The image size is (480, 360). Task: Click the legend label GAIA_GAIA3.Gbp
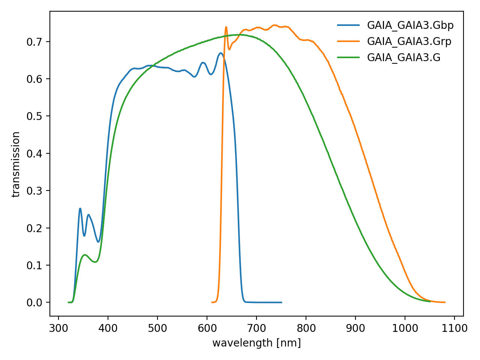click(410, 25)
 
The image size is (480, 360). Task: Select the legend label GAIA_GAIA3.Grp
click(409, 41)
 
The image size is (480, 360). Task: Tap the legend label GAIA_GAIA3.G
click(403, 57)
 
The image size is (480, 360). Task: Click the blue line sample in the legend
click(348, 25)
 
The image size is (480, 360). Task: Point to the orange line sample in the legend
click(348, 41)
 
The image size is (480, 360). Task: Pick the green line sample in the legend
click(348, 57)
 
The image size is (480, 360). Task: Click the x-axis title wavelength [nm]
click(256, 343)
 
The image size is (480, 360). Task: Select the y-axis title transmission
click(16, 164)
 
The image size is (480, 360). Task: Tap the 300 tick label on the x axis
click(58, 328)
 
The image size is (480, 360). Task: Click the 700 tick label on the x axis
click(256, 328)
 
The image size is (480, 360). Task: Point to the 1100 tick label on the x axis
click(454, 328)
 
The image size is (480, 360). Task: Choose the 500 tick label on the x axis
click(157, 328)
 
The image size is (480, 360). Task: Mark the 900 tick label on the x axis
click(355, 328)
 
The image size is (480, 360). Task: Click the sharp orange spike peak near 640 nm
click(226, 27)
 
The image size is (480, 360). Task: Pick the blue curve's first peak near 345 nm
click(80, 208)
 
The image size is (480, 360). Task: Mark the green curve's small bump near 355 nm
click(85, 255)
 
